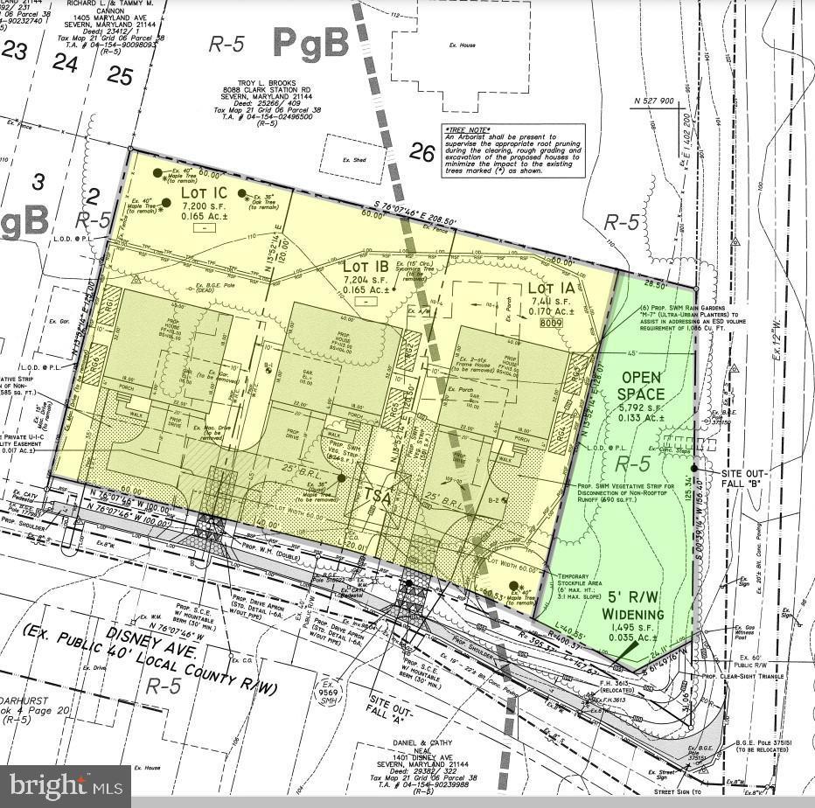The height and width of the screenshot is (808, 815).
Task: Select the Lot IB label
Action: coord(366,266)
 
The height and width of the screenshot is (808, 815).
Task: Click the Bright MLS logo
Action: coord(65,786)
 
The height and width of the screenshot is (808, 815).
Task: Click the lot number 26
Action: coord(421,154)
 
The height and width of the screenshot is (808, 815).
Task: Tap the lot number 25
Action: coord(120,76)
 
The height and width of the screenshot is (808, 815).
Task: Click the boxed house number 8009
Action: coord(550,323)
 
